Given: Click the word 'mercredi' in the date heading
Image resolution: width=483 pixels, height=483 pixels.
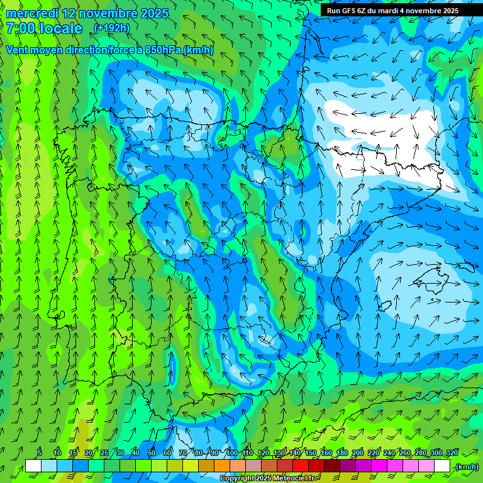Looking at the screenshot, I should pos(32,13).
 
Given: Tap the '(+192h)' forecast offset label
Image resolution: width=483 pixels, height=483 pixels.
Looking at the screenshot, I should pos(111,28).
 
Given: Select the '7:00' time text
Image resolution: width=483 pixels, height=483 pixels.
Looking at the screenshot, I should pos(20,28).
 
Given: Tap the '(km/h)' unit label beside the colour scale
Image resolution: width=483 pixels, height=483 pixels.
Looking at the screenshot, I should pos(466,467).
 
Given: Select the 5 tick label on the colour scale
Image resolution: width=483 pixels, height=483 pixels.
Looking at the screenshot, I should pos(40,453).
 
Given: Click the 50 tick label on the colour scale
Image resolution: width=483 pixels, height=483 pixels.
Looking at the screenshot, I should pos(152,453).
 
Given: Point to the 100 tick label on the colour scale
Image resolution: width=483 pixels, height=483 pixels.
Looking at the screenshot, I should pos(231,453).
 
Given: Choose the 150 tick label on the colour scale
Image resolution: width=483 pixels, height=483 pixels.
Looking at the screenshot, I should pos(311,453).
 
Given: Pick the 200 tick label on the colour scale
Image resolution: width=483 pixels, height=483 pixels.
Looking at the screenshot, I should pos(358,453).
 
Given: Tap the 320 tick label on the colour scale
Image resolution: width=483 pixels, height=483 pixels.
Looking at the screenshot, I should pos(452,453).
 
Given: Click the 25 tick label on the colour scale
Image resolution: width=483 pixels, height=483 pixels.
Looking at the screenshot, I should pos(104,453).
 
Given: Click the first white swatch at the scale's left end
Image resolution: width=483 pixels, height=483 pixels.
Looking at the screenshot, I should pos(33,466).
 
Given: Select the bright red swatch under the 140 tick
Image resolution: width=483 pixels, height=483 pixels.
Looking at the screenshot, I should pos(301,466).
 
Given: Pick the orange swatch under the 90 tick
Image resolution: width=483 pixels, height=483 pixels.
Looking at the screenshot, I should pos(222,466).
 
